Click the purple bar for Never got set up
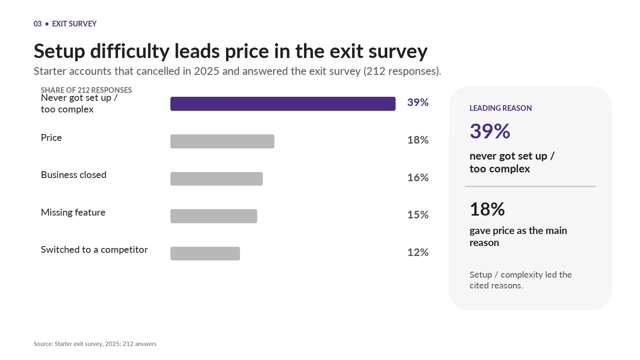pyautogui.click(x=283, y=103)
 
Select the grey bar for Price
pyautogui.click(x=222, y=141)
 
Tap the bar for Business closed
pyautogui.click(x=216, y=179)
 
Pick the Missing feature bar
pyautogui.click(x=213, y=216)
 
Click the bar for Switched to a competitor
pyautogui.click(x=205, y=253)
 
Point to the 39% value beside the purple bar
pyautogui.click(x=417, y=102)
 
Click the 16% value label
pyautogui.click(x=417, y=177)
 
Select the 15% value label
pyautogui.click(x=417, y=215)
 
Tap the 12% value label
pyautogui.click(x=417, y=252)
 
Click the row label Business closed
pyautogui.click(x=73, y=175)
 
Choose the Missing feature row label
pyautogui.click(x=73, y=212)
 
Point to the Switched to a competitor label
pyautogui.click(x=94, y=250)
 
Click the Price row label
pyautogui.click(x=51, y=137)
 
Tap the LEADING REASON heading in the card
pyautogui.click(x=500, y=108)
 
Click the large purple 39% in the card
pyautogui.click(x=489, y=131)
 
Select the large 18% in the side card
pyautogui.click(x=487, y=209)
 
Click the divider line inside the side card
pyautogui.click(x=530, y=186)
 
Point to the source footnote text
pyautogui.click(x=95, y=344)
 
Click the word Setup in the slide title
pyautogui.click(x=59, y=51)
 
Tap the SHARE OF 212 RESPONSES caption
pyautogui.click(x=86, y=90)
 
